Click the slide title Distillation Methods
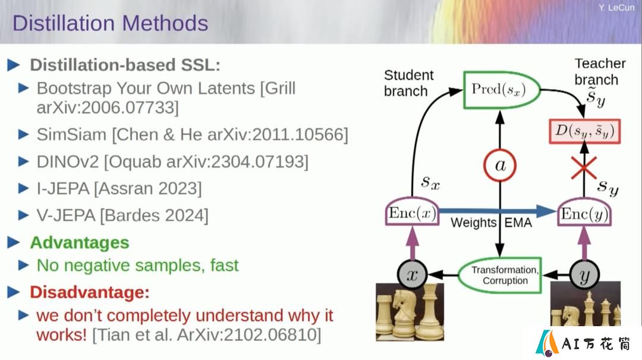(x=110, y=23)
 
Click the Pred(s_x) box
(x=502, y=90)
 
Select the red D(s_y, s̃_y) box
(x=585, y=131)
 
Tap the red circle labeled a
(x=500, y=166)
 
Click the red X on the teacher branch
(x=584, y=168)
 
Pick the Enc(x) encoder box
(x=413, y=212)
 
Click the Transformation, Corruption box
(x=500, y=275)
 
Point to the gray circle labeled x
(x=413, y=274)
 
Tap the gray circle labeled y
(x=584, y=275)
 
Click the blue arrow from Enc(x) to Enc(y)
(x=497, y=211)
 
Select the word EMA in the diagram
(x=518, y=223)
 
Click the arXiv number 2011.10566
(x=300, y=135)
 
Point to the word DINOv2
(x=68, y=162)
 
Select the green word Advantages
(x=80, y=242)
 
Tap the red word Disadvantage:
(x=90, y=292)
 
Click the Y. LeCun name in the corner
(x=616, y=7)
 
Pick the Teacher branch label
(x=600, y=72)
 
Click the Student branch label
(x=408, y=83)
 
